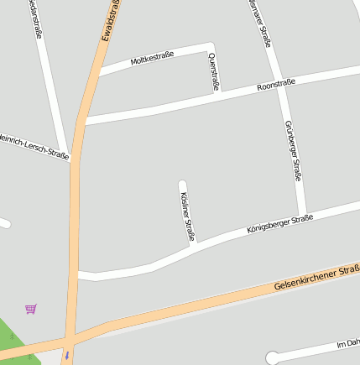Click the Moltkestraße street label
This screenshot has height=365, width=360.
152,59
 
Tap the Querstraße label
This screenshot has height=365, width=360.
213,71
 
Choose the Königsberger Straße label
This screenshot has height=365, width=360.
280,224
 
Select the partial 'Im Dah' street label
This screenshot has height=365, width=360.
347,343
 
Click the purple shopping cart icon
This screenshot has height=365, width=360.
31,309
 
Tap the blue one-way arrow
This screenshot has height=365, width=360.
66,355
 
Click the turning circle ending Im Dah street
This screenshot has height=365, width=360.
272,358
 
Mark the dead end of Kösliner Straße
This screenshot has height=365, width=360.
182,183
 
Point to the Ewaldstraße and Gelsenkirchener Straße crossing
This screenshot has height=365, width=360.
68,340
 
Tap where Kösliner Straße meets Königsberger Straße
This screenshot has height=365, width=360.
193,246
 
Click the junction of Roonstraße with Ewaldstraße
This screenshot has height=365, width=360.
85,122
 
